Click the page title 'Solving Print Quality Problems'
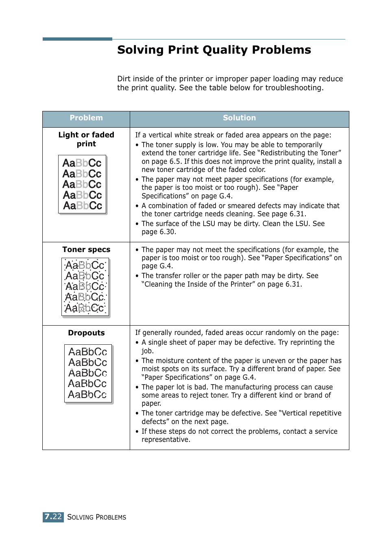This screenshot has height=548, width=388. (214, 50)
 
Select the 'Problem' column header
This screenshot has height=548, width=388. (86, 118)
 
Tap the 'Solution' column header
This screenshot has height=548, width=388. (239, 118)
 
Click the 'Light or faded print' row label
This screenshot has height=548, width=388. (86, 139)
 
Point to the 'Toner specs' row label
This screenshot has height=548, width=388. (86, 250)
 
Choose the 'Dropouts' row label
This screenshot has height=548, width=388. (86, 333)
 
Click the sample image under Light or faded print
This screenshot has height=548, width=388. (83, 185)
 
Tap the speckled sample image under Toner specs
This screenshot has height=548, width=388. (85, 287)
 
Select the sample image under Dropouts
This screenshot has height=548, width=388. (88, 373)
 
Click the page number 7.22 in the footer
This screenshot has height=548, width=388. (53, 517)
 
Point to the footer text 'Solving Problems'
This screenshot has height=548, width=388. (97, 517)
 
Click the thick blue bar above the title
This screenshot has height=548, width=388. (77, 39)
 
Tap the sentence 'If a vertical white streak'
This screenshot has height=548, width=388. (233, 135)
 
